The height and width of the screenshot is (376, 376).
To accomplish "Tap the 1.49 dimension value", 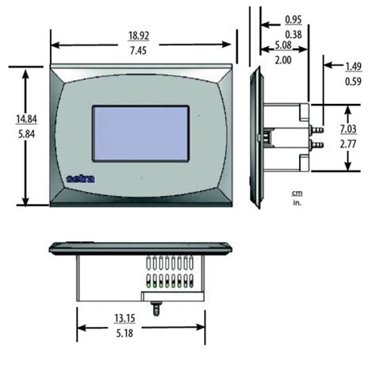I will point(353,66).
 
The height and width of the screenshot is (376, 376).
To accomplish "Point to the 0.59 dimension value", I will point(353,80).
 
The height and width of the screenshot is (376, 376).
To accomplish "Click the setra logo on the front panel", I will point(82,178).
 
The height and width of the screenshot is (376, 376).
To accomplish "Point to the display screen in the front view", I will point(141,135).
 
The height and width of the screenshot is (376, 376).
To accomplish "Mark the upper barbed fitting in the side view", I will point(320,127).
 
